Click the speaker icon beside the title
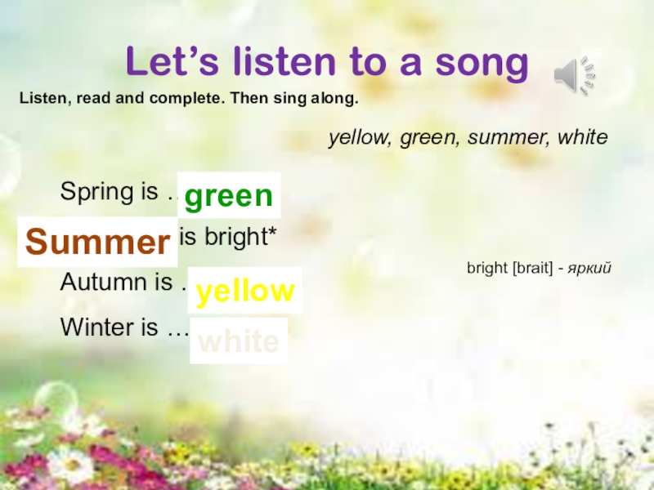pyautogui.click(x=574, y=77)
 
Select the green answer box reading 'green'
pyautogui.click(x=228, y=195)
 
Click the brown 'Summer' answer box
pyautogui.click(x=97, y=243)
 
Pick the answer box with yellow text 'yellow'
pyautogui.click(x=245, y=291)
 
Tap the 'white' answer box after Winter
pyautogui.click(x=239, y=341)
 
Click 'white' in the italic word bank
pyautogui.click(x=581, y=137)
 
